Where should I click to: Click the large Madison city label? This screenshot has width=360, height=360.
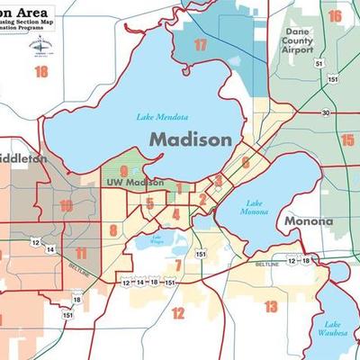pyautogui.click(x=190, y=139)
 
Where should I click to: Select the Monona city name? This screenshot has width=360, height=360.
pyautogui.click(x=309, y=220)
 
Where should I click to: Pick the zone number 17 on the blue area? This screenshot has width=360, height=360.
pyautogui.click(x=200, y=44)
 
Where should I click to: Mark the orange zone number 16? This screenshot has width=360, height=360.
pyautogui.click(x=335, y=16)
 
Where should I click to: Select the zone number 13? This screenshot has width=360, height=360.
pyautogui.click(x=271, y=307)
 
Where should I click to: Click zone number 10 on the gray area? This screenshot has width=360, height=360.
pyautogui.click(x=66, y=205)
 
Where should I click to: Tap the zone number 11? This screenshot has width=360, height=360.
pyautogui.click(x=82, y=253)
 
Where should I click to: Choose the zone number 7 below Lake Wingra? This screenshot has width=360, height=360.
pyautogui.click(x=178, y=265)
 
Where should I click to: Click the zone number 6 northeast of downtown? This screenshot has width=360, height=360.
pyautogui.click(x=245, y=162)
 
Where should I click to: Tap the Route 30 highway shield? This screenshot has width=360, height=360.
pyautogui.click(x=325, y=112)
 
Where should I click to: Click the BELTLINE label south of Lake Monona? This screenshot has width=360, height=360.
pyautogui.click(x=267, y=265)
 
